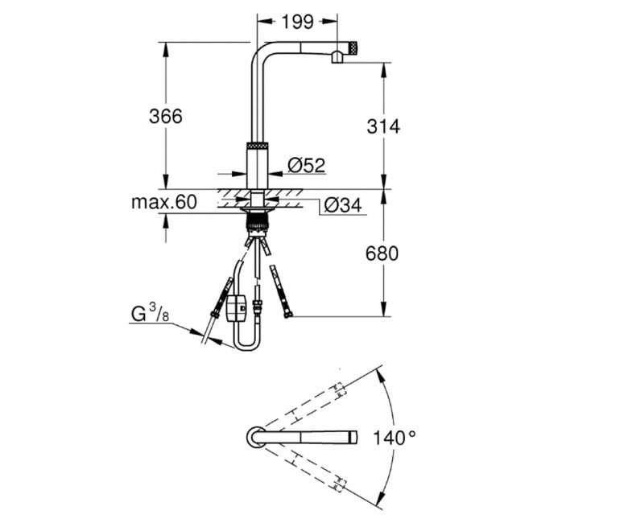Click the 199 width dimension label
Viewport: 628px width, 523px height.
tap(297, 22)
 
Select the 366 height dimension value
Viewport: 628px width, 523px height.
tap(165, 117)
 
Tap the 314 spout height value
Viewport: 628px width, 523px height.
tap(383, 126)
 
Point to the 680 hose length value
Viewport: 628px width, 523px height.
tap(382, 253)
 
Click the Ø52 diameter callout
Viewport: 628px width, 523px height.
tap(307, 165)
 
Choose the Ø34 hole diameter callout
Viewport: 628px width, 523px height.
tap(343, 205)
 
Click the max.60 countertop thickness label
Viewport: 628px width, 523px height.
tap(164, 202)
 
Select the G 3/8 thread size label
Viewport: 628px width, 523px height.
tap(151, 313)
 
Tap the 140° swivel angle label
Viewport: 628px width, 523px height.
tap(395, 438)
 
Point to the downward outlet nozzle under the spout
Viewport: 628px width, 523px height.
tap(337, 57)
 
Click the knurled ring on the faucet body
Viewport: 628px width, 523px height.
tap(257, 146)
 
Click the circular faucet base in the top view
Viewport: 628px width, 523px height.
tap(254, 437)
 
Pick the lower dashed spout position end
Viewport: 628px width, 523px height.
tap(338, 484)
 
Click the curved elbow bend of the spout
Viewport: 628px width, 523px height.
tap(258, 50)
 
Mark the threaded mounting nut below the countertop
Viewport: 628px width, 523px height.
tap(257, 223)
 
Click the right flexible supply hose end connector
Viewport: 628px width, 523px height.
tap(287, 314)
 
